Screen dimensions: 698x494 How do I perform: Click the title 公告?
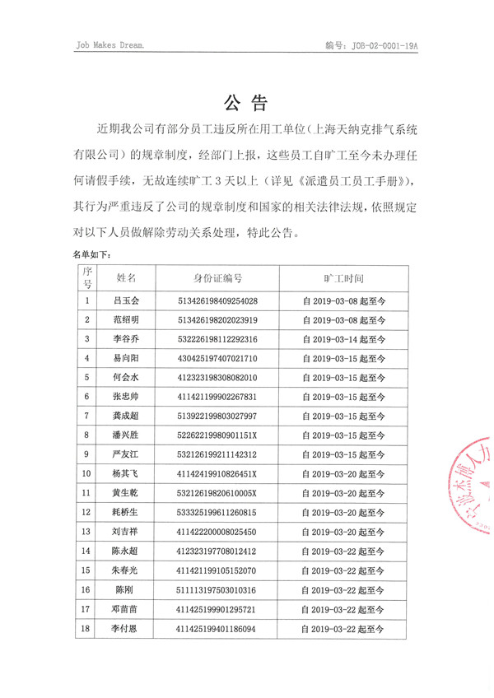(x=246, y=103)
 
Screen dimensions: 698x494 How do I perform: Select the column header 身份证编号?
(x=217, y=278)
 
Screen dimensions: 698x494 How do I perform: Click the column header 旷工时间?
(x=343, y=278)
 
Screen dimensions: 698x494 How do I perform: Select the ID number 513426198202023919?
(x=217, y=319)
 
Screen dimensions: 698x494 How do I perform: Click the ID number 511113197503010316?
(x=217, y=589)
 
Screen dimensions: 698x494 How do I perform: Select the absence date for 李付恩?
(x=343, y=629)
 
